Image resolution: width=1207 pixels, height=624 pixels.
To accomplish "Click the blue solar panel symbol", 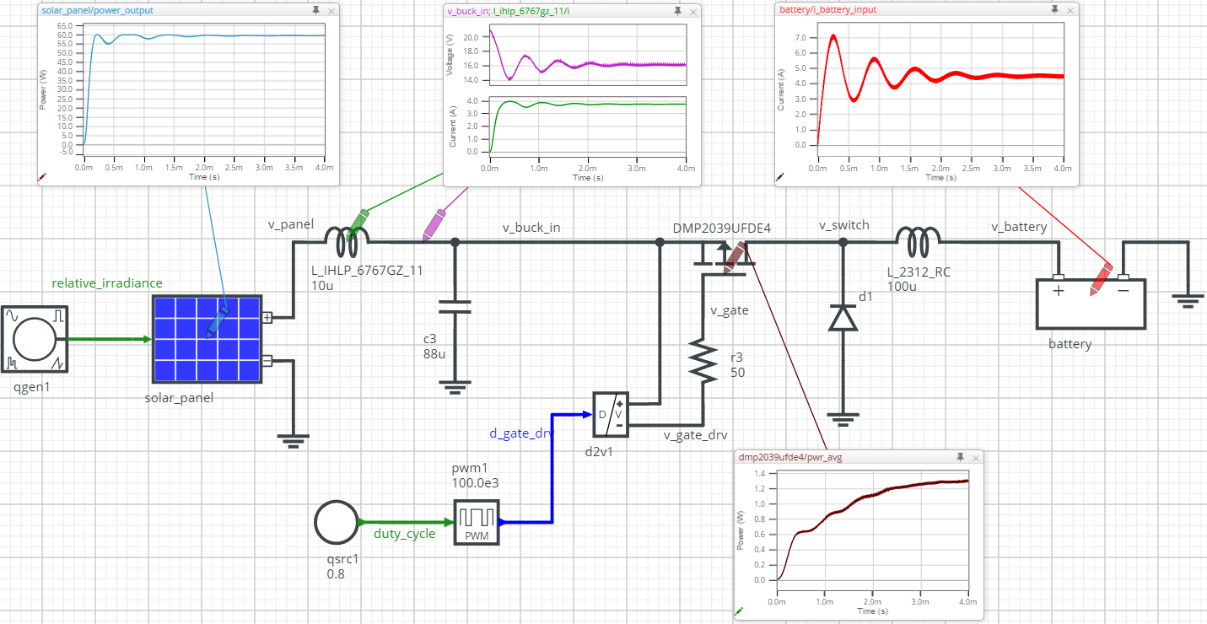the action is (x=207, y=339).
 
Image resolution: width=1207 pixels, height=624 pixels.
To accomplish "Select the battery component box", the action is (x=1091, y=304).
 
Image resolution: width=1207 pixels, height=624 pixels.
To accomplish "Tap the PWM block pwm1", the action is (x=477, y=522).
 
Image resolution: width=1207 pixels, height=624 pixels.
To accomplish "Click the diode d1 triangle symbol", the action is (x=843, y=318).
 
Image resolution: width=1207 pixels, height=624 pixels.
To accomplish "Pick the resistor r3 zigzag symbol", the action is (x=703, y=361).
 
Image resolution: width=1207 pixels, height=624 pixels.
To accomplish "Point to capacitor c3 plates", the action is (x=455, y=307).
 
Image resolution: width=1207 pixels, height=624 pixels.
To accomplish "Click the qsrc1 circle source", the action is (x=337, y=522).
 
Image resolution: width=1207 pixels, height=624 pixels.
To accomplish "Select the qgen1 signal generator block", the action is (x=35, y=339).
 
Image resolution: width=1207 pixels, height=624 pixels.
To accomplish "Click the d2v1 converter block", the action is (x=611, y=414).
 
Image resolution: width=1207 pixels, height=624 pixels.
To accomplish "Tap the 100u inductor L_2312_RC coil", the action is (x=919, y=243).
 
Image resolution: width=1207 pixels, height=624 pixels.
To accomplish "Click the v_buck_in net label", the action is (x=531, y=228).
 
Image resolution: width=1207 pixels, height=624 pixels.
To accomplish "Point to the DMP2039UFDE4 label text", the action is (x=721, y=228).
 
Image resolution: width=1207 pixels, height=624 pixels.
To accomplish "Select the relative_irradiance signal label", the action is (x=106, y=282).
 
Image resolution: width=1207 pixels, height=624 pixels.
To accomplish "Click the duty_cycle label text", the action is (x=405, y=534).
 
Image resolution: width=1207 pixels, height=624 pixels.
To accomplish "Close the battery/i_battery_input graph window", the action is (x=1070, y=10).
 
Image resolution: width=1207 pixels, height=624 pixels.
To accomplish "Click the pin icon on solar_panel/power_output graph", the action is (x=315, y=10).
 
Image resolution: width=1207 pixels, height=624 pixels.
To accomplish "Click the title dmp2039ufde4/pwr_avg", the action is (x=790, y=457).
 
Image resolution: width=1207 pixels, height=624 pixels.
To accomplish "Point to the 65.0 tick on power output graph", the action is (x=65, y=26).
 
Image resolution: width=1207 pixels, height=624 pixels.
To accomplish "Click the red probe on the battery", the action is (x=1101, y=279).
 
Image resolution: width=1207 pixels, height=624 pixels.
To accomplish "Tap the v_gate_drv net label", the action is (x=696, y=435).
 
